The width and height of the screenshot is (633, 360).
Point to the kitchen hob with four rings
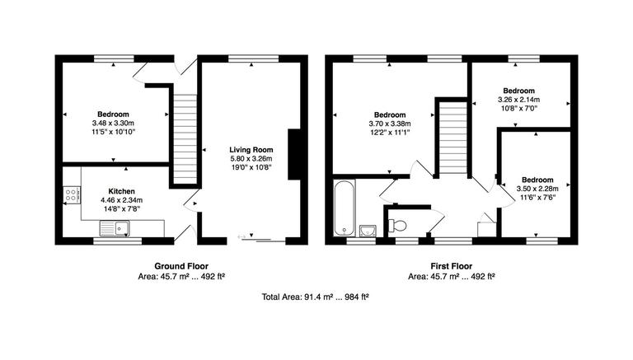[72, 195]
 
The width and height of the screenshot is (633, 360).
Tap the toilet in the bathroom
[396, 225]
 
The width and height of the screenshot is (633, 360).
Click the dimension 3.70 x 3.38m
[390, 124]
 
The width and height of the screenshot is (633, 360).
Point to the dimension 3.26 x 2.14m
[519, 100]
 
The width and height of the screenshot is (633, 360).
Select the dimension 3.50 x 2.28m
[537, 189]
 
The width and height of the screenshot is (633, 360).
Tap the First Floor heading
[450, 265]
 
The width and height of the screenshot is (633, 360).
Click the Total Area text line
[315, 296]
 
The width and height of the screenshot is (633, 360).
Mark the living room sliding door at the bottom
[260, 239]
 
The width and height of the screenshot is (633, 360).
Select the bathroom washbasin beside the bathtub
[368, 228]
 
